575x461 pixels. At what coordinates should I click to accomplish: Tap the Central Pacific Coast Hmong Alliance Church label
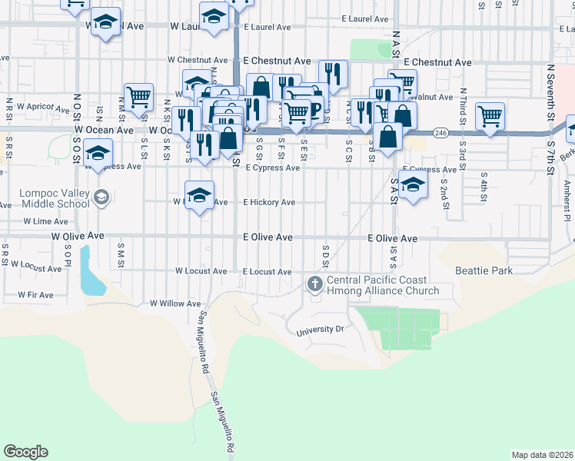382,285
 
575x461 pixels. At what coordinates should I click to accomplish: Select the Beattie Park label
483,270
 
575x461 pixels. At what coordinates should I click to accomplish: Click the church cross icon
314,284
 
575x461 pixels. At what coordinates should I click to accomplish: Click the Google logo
25,452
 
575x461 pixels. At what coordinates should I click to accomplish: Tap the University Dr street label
319,330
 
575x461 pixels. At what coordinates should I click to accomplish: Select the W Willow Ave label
174,303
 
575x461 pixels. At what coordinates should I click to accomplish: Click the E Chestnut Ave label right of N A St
437,61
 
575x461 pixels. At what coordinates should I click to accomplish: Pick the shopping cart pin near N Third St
490,116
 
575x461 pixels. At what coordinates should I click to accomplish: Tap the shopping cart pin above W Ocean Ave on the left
138,97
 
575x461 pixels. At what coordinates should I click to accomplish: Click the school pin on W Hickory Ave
200,194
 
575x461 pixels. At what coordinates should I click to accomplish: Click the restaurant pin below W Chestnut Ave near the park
333,74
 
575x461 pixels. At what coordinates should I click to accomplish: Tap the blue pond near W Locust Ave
91,273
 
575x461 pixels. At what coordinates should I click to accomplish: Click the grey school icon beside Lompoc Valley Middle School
100,198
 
